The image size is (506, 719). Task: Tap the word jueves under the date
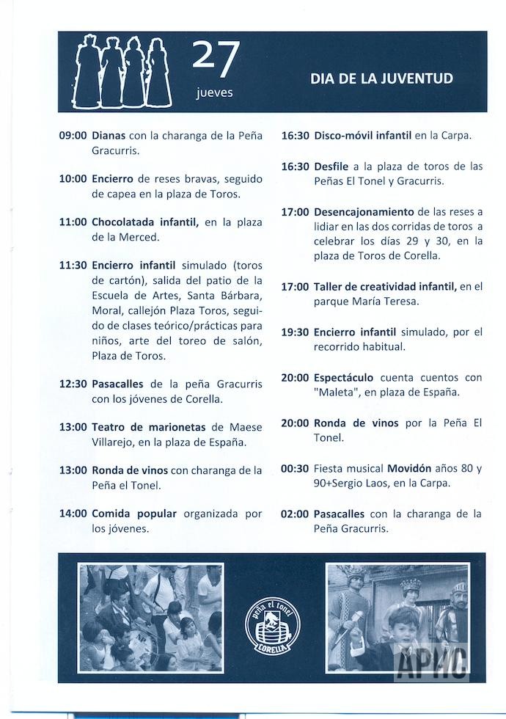click(215, 93)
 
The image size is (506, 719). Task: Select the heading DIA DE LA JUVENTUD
click(381, 79)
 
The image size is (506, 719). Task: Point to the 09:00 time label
click(73, 136)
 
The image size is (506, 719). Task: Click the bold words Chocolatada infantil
click(145, 222)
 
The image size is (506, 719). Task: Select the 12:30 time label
click(73, 384)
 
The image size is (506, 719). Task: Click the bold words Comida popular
click(133, 513)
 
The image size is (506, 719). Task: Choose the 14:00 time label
click(73, 513)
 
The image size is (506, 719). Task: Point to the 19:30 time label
click(295, 332)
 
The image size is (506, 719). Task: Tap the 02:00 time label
click(295, 514)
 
